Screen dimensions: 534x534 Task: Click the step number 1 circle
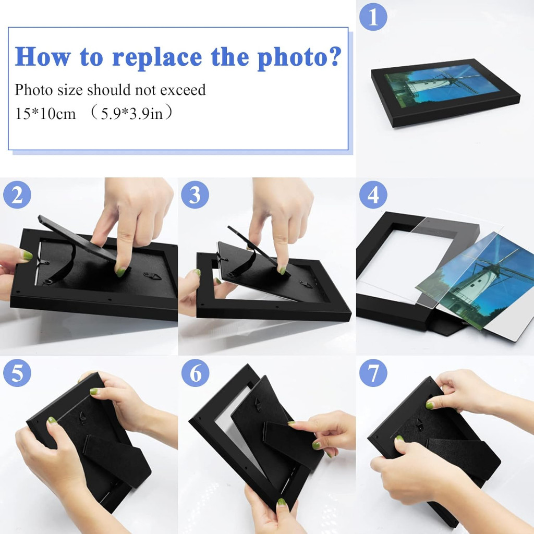373,17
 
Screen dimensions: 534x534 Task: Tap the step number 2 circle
17,195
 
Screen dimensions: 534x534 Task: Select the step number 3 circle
195,195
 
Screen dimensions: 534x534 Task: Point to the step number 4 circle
373,195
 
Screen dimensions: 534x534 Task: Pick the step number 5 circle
17,373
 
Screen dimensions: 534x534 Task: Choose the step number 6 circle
195,373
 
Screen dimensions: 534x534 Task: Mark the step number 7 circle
373,373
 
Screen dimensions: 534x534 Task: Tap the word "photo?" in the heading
300,57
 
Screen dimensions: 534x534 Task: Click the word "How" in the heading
43,56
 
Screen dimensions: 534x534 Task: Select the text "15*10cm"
45,113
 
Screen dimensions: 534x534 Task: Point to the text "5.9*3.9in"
132,113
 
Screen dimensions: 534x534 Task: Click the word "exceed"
183,90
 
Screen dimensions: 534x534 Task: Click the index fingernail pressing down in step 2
120,271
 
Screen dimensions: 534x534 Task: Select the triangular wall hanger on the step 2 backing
152,275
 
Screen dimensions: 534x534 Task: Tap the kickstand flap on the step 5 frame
117,460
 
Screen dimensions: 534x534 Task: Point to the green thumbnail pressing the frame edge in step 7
430,405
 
